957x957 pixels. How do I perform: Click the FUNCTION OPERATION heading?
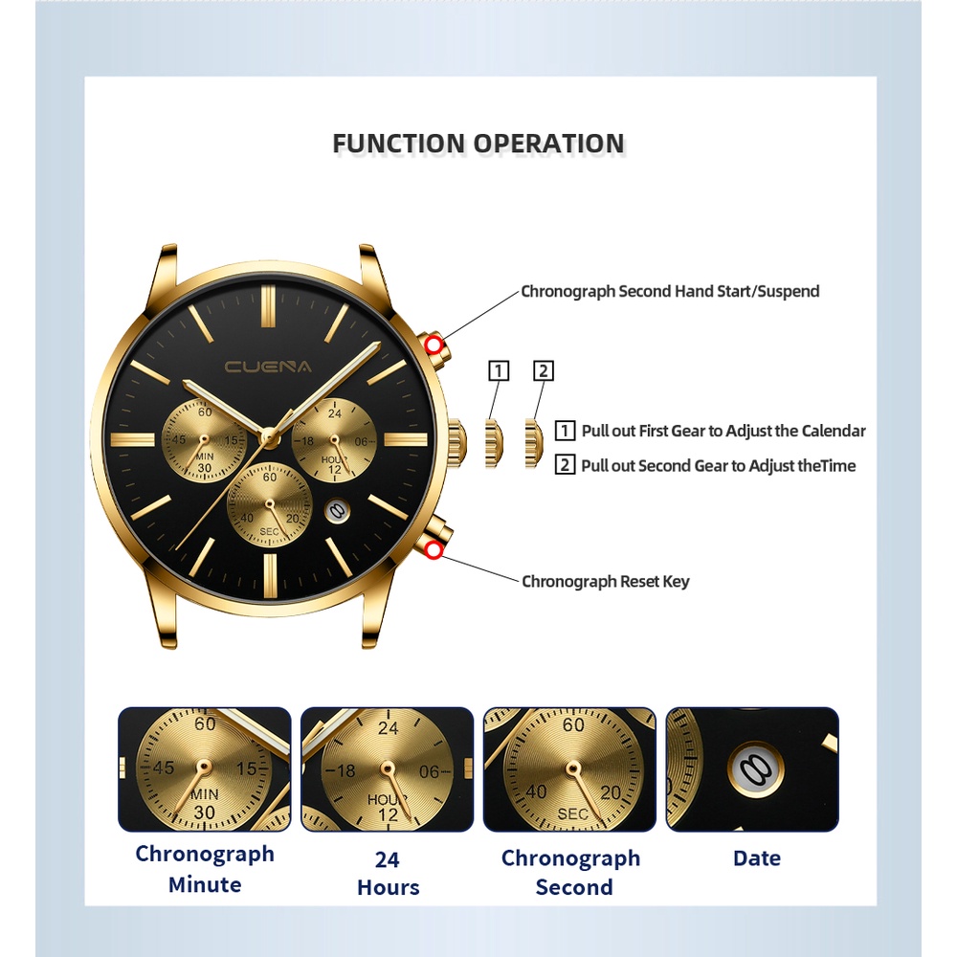(x=478, y=144)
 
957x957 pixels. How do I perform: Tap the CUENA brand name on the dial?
(x=268, y=366)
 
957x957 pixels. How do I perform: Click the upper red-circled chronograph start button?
(x=434, y=345)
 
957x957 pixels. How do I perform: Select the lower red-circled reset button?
(x=434, y=549)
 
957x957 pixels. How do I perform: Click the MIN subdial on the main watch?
(x=204, y=441)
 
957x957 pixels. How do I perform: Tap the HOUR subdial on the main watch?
(x=334, y=440)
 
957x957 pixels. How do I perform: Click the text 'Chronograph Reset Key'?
(x=605, y=581)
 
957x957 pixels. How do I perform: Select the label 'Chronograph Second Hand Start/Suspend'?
(x=670, y=291)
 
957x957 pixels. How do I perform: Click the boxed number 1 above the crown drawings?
(x=498, y=371)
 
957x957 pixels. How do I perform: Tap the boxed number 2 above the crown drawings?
(x=544, y=371)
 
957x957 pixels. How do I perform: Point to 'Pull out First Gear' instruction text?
(x=723, y=431)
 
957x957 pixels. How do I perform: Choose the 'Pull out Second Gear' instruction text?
(x=718, y=466)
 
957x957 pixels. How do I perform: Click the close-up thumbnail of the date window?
(x=752, y=769)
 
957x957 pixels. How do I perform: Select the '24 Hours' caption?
(x=388, y=873)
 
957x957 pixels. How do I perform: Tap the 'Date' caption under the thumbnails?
(x=756, y=858)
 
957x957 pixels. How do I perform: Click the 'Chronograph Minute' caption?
(x=205, y=869)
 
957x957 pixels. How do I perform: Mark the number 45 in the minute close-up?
(x=163, y=768)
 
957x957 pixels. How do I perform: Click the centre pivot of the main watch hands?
(x=270, y=437)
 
